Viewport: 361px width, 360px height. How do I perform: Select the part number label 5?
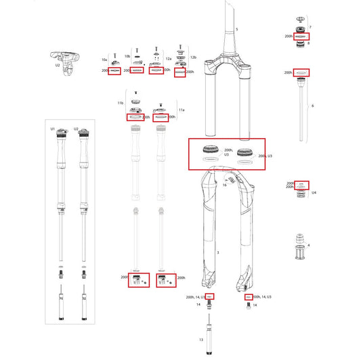click(x=236, y=30)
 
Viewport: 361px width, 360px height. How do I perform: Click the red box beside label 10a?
click(x=114, y=70)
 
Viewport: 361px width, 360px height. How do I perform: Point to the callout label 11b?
click(x=121, y=103)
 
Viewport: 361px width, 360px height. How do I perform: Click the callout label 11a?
click(x=181, y=109)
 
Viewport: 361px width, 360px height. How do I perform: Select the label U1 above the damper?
click(x=52, y=128)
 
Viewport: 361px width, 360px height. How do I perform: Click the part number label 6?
click(x=312, y=106)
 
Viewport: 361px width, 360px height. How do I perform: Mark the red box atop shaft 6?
click(x=301, y=72)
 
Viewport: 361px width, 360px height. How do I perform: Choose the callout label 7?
click(x=310, y=26)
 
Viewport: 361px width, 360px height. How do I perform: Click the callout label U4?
click(x=314, y=192)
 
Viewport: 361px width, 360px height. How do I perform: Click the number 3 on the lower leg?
click(x=217, y=252)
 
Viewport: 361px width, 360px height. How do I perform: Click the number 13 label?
click(x=200, y=338)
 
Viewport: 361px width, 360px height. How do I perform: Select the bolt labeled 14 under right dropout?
click(x=247, y=307)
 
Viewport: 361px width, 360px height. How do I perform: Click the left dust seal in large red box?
click(x=211, y=151)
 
